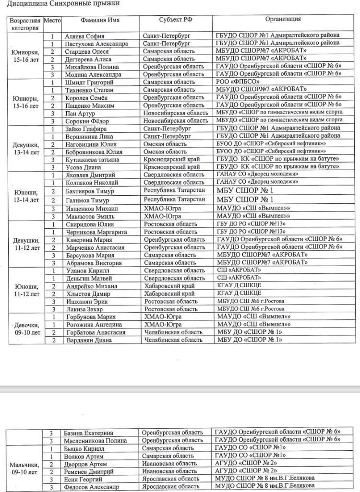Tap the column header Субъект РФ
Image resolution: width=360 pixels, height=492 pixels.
(176, 21)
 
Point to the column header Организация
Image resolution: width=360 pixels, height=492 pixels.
(283, 20)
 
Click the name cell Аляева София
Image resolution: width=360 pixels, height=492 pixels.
(84, 36)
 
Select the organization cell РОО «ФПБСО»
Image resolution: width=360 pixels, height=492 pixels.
(235, 82)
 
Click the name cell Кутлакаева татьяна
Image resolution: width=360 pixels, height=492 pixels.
(92, 159)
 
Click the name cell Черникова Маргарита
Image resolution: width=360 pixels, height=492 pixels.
(96, 232)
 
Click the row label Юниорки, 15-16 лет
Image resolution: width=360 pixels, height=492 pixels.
(25, 55)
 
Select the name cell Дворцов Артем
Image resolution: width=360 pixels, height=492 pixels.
(85, 464)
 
